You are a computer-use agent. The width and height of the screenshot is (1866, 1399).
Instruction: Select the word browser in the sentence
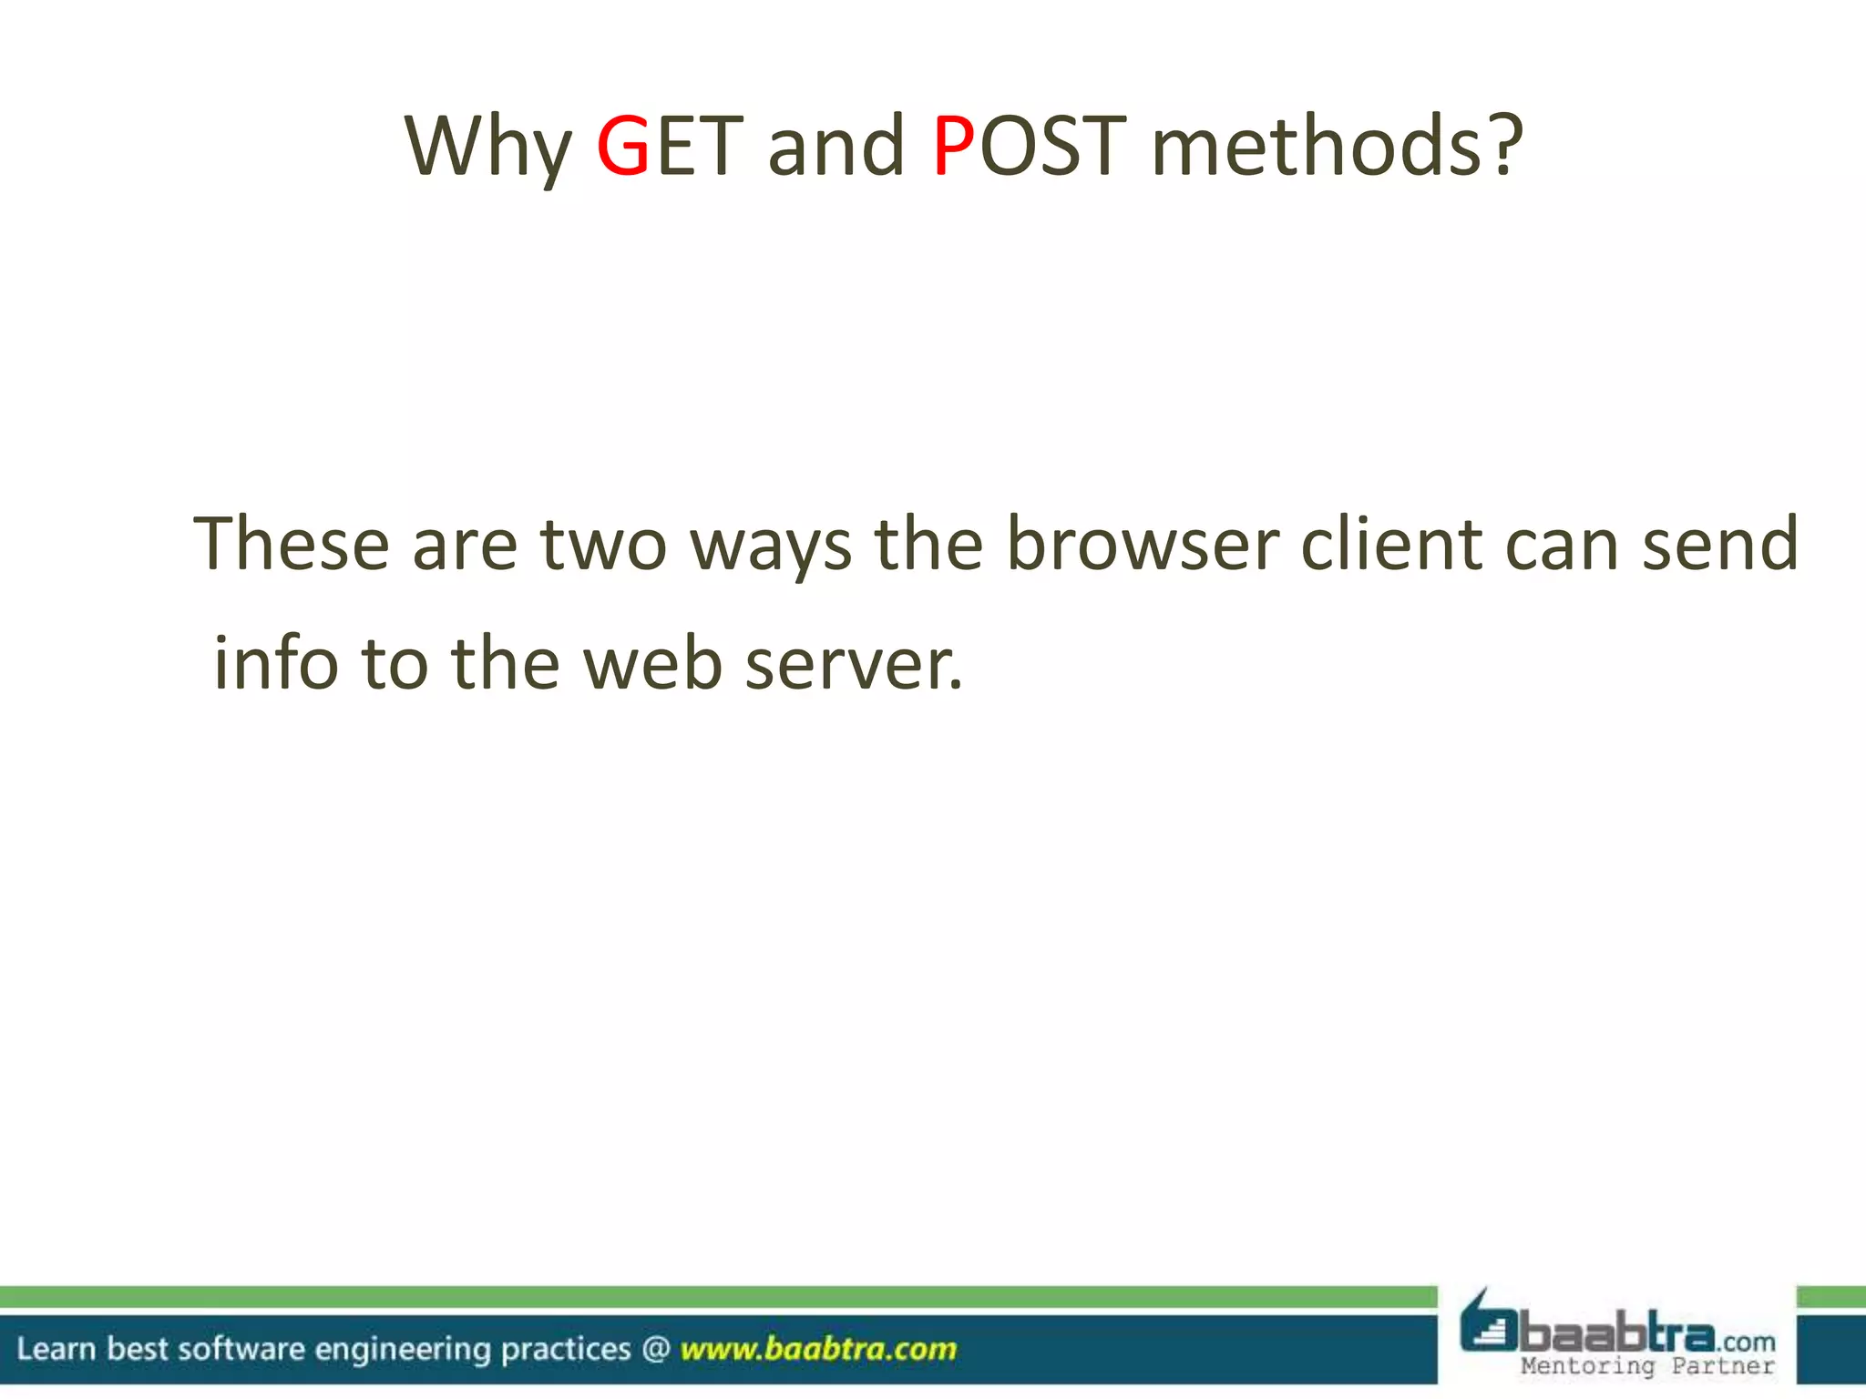pyautogui.click(x=1143, y=544)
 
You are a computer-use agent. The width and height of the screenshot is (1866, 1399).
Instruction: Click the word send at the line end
pyautogui.click(x=1720, y=544)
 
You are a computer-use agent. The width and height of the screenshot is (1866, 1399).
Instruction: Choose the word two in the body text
pyautogui.click(x=603, y=544)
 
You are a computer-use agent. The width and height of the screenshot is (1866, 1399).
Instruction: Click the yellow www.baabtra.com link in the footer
pyautogui.click(x=818, y=1348)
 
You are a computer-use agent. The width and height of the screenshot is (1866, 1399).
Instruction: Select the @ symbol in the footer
pyautogui.click(x=656, y=1348)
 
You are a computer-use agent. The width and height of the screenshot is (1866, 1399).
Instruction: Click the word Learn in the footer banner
pyautogui.click(x=56, y=1348)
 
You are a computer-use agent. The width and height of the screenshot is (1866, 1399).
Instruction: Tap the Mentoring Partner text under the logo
pyautogui.click(x=1647, y=1366)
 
